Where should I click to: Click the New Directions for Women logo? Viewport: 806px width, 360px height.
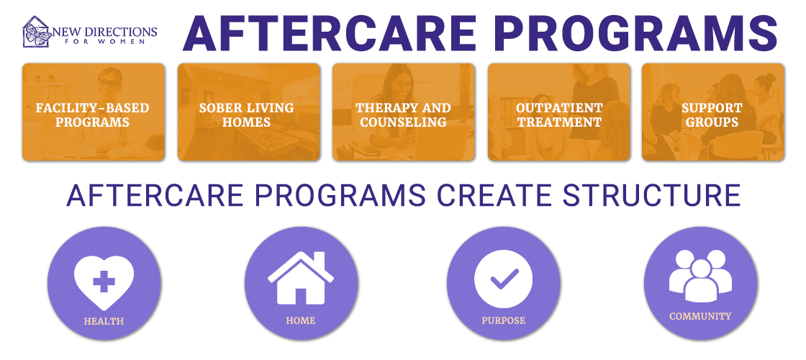tap(89, 32)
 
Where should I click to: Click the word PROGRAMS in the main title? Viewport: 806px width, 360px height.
tap(636, 33)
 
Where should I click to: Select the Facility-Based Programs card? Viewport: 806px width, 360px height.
tap(93, 112)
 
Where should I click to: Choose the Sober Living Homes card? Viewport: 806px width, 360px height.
tap(248, 112)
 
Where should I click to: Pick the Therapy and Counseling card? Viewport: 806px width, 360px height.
tap(403, 112)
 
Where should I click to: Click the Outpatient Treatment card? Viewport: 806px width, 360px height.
tap(558, 112)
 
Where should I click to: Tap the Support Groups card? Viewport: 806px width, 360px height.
tap(711, 112)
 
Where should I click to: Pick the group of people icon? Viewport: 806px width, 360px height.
tap(699, 275)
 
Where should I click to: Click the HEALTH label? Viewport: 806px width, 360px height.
tap(104, 321)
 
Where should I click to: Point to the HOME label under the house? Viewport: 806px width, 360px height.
tap(301, 320)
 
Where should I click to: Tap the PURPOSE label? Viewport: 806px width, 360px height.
tap(503, 320)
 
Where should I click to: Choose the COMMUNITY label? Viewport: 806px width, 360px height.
tap(699, 316)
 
